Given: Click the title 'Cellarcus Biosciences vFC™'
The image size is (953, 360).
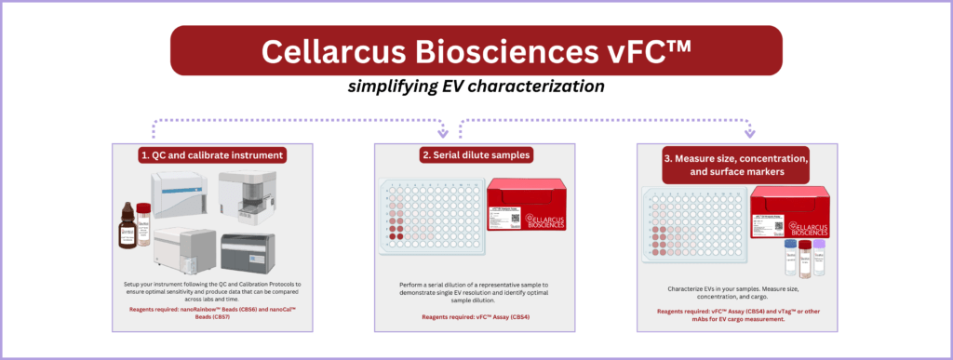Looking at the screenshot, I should point(476,51).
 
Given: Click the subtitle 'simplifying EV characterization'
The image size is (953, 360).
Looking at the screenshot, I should point(476,86).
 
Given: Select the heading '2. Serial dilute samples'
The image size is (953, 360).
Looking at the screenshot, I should point(475,154).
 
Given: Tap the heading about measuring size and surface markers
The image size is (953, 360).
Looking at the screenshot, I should point(735,165).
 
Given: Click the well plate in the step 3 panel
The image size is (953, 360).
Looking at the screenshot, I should point(692,228).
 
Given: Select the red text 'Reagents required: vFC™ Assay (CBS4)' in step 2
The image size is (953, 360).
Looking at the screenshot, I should point(475,317).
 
